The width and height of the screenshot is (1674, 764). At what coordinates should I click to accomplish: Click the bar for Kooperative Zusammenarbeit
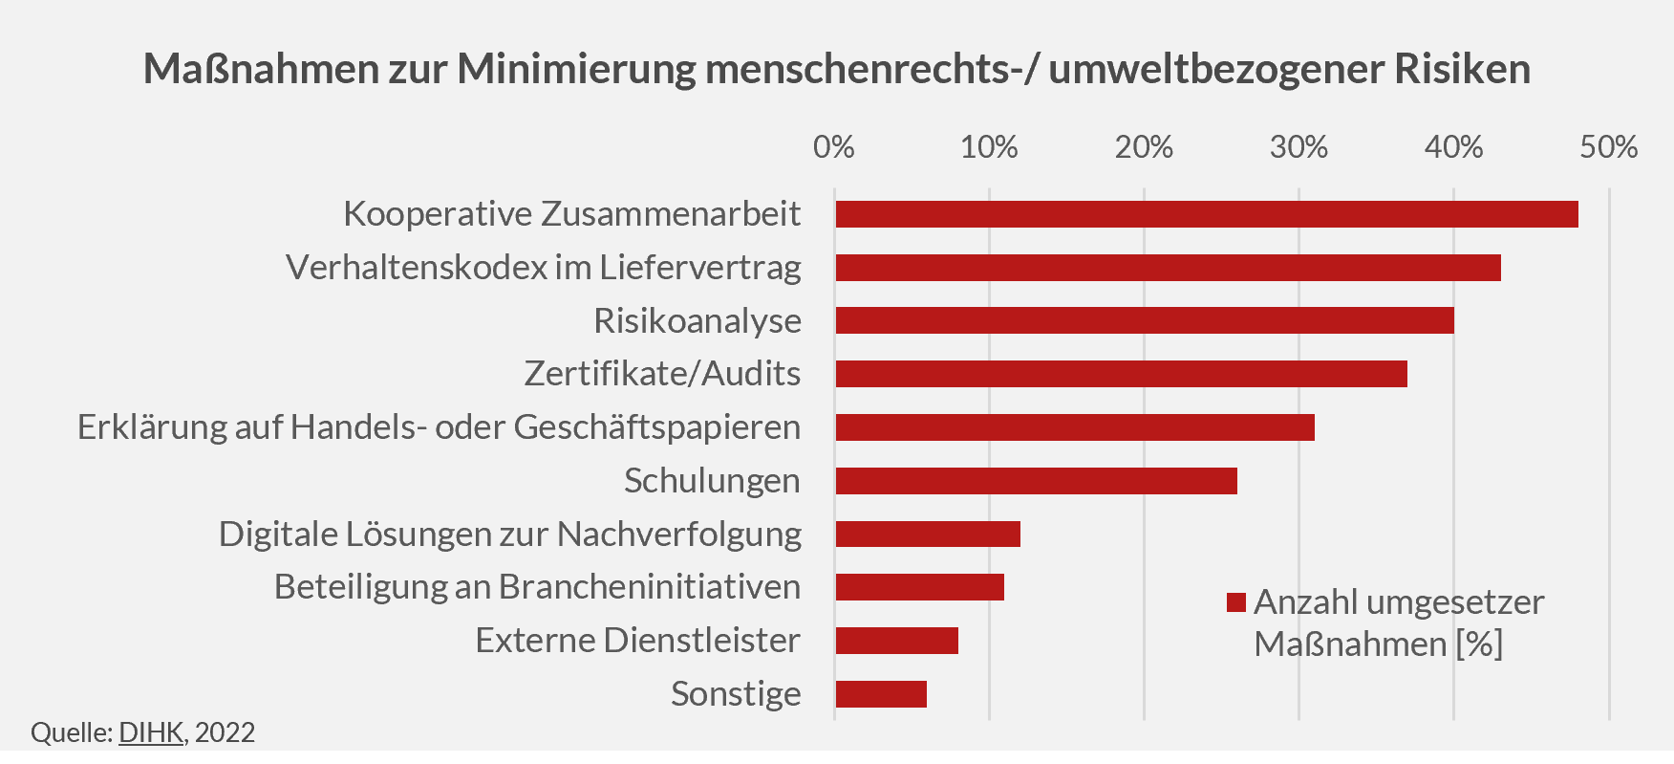point(1206,214)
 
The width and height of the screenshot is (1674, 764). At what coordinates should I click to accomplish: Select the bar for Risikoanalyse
point(1144,320)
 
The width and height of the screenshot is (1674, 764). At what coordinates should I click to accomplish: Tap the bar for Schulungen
point(1036,481)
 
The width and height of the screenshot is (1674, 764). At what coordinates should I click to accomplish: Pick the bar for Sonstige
point(881,694)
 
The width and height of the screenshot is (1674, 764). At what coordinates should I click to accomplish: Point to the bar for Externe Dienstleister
point(896,641)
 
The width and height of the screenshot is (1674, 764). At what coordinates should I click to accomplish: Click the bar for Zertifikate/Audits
point(1121,374)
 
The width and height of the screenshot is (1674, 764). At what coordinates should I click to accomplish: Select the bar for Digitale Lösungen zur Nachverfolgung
point(928,534)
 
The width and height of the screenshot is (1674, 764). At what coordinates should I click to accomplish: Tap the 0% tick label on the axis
point(833,147)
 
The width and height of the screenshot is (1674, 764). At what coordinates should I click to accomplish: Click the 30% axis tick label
point(1298,147)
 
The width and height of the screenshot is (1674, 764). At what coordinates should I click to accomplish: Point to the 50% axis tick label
point(1608,147)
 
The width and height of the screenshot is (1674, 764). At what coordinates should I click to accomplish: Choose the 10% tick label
point(989,147)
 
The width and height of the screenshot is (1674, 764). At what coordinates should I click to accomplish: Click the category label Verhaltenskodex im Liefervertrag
point(543,268)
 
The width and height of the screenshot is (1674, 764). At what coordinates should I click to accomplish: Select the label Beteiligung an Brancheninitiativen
point(537,587)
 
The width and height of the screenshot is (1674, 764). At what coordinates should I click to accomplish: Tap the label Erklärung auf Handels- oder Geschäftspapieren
point(439,427)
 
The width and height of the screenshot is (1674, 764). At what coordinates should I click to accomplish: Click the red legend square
point(1236,602)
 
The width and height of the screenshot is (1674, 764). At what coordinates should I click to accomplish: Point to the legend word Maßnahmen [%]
point(1378,644)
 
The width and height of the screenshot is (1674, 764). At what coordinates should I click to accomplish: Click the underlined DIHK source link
point(151,732)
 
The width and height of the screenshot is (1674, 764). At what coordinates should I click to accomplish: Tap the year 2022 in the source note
point(225,732)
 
